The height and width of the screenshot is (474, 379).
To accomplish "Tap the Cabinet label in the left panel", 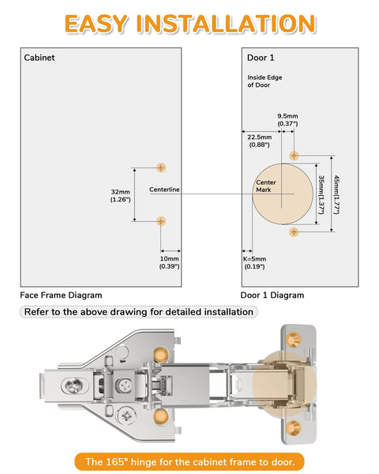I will pyautogui.click(x=39, y=58).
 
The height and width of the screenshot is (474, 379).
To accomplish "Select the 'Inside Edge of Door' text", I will pyautogui.click(x=265, y=81).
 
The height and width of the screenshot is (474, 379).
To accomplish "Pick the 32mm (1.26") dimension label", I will pyautogui.click(x=121, y=195).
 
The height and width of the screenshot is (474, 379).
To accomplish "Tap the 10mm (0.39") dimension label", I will pyautogui.click(x=170, y=262).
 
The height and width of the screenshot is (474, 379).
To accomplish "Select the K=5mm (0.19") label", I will pyautogui.click(x=254, y=262).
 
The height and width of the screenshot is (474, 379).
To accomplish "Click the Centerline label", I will pyautogui.click(x=165, y=190).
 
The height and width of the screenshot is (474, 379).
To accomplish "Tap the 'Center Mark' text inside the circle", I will pyautogui.click(x=265, y=186).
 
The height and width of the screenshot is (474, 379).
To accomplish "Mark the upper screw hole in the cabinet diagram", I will pyautogui.click(x=161, y=167).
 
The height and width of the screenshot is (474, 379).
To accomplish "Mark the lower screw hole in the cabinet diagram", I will pyautogui.click(x=161, y=221).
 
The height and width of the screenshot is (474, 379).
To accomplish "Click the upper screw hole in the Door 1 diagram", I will pyautogui.click(x=294, y=155).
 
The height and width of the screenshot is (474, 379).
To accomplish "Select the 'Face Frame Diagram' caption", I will pyautogui.click(x=61, y=295).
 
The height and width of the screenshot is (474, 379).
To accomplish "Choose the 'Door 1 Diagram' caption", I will pyautogui.click(x=272, y=295).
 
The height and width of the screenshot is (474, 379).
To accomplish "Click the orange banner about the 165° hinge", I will pyautogui.click(x=189, y=461).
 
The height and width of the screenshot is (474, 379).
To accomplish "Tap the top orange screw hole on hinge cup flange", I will pyautogui.click(x=295, y=339).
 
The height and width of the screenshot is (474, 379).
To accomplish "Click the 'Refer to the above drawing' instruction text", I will pyautogui.click(x=139, y=312).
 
